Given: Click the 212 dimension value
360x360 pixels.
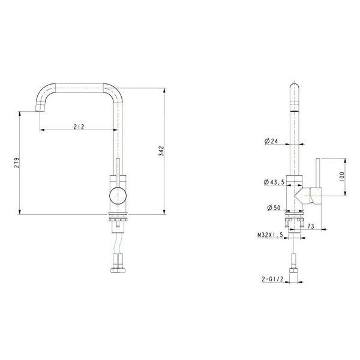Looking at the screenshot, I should [79, 127].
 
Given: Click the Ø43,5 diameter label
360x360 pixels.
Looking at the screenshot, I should [272, 182].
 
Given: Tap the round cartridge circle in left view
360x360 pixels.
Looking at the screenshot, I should [118, 194].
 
